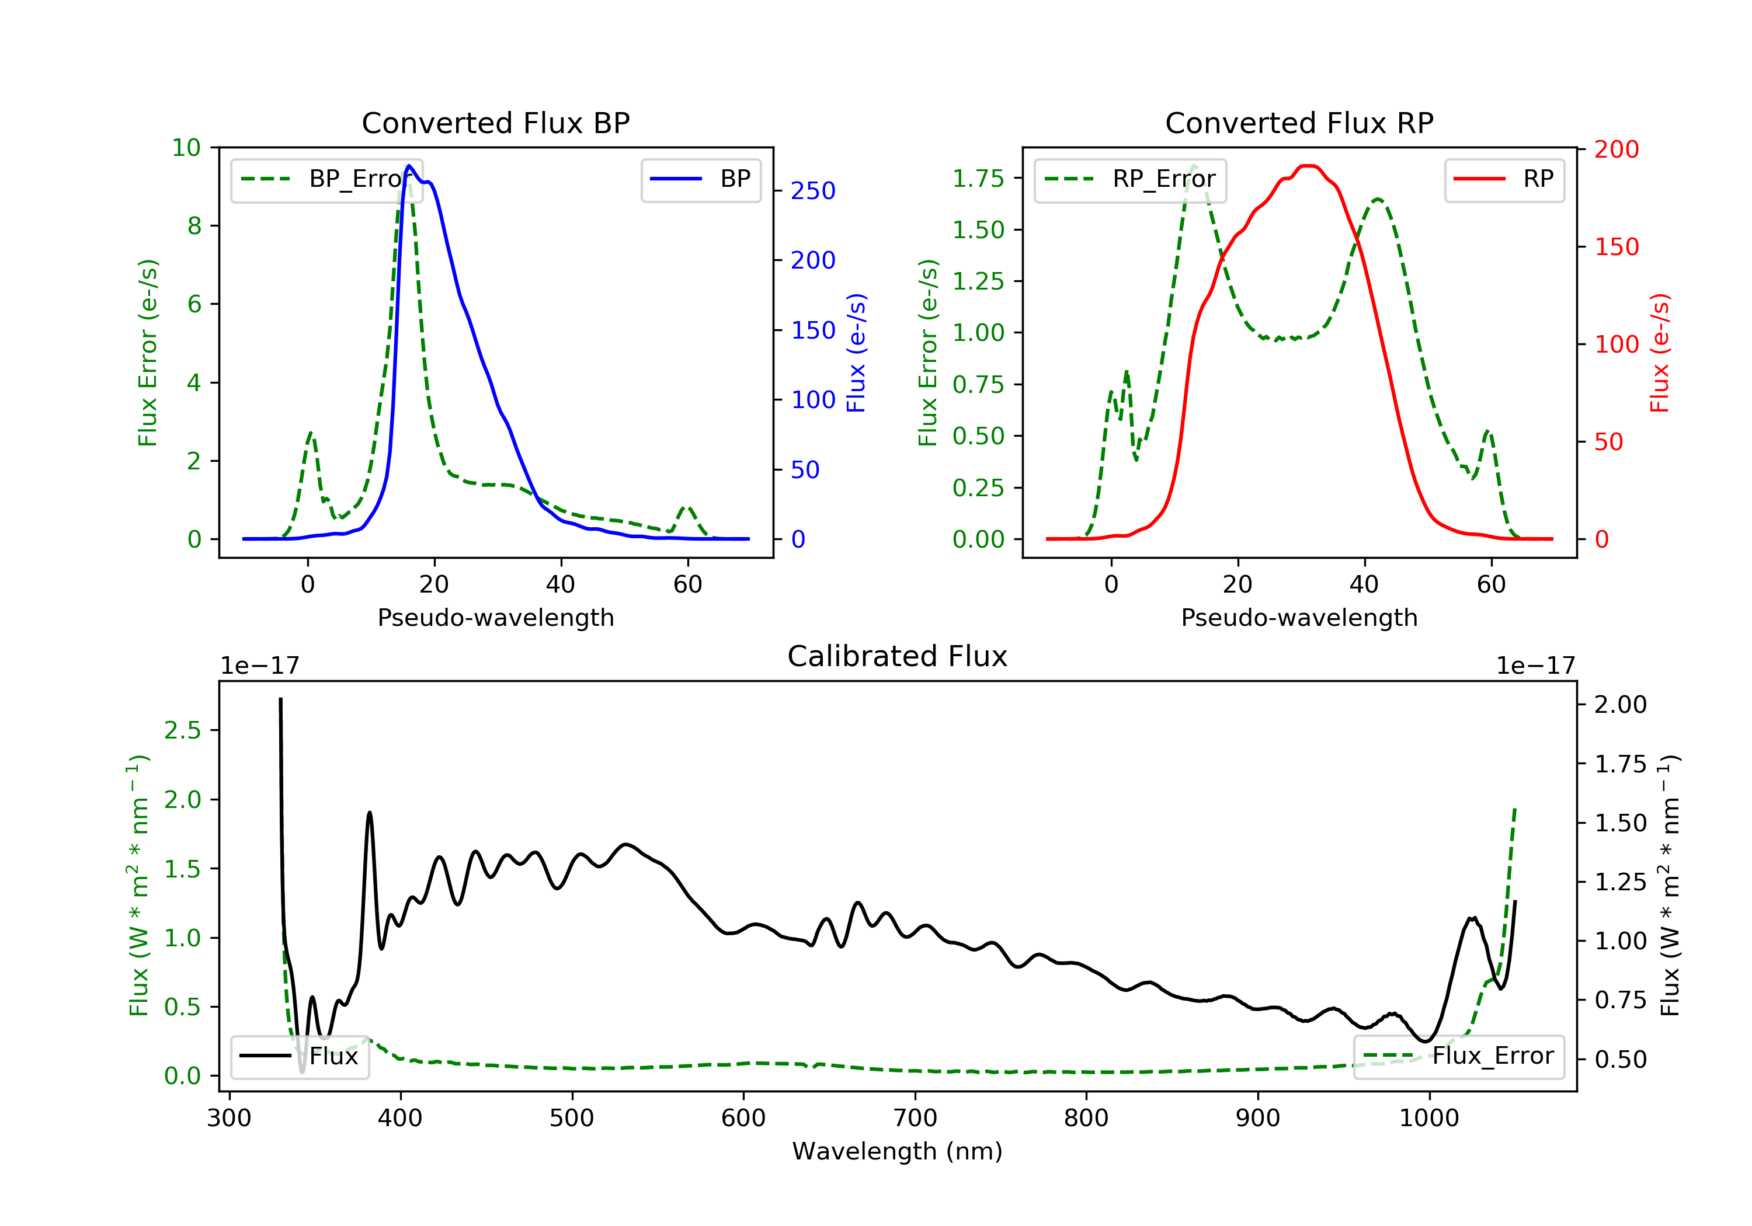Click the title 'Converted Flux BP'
495,123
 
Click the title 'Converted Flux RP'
1299,123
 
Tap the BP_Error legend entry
326,179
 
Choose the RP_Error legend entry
1130,179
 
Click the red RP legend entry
1504,179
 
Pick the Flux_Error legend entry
1458,1056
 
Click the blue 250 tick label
813,191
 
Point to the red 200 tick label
1616,149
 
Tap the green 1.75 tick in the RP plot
978,179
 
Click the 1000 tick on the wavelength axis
1428,1119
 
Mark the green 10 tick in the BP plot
186,148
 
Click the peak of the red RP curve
1308,166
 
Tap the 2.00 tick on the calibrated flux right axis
1620,704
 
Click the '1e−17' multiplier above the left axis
259,666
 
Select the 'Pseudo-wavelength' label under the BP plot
495,617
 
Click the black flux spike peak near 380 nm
370,813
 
